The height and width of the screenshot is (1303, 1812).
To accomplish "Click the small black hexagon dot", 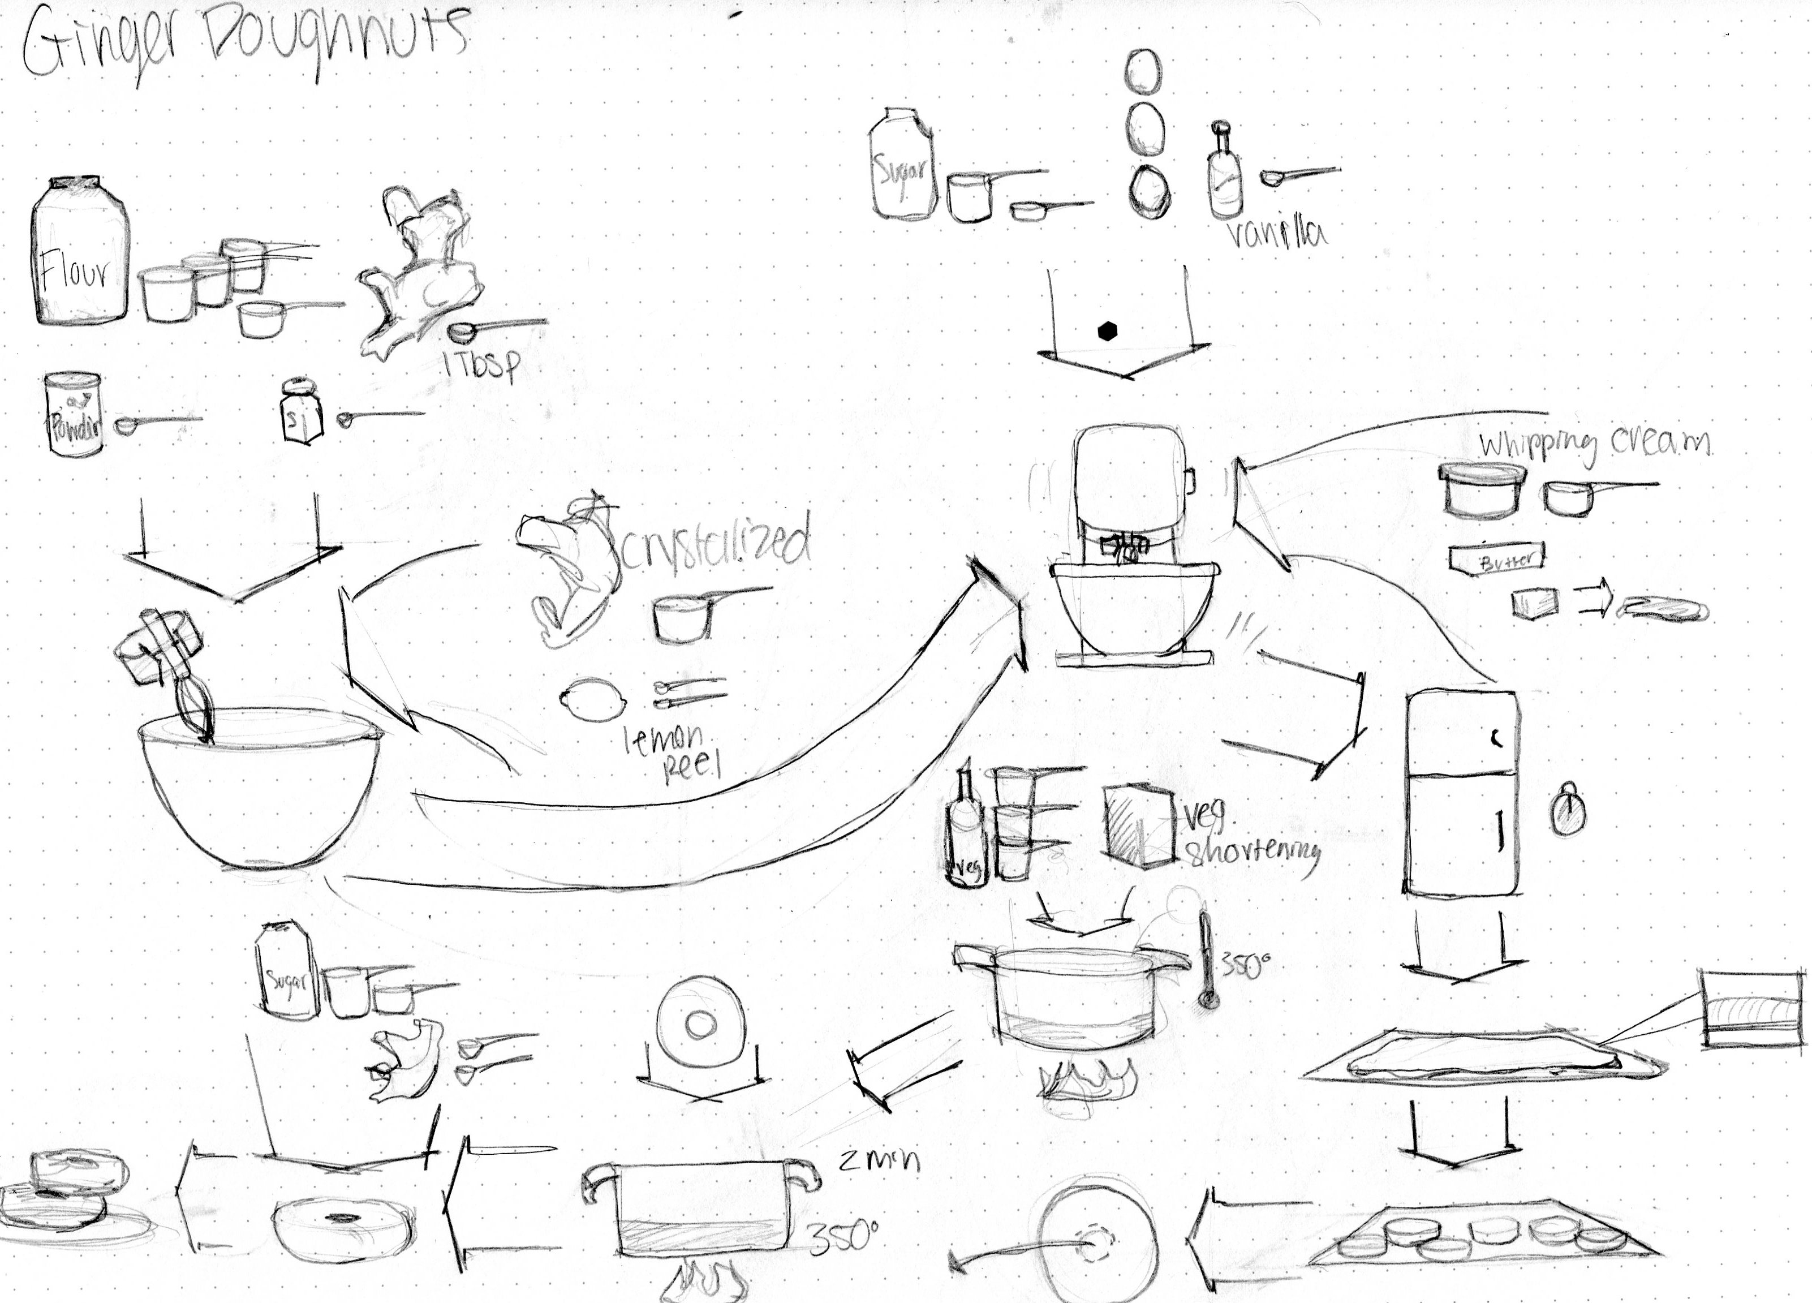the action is coord(1107,332).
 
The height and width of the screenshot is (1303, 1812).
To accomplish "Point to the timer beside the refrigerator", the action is coord(1568,813).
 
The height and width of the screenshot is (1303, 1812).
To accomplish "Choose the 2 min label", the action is coord(879,1160).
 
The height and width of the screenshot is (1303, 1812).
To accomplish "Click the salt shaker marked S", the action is coord(301,411).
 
